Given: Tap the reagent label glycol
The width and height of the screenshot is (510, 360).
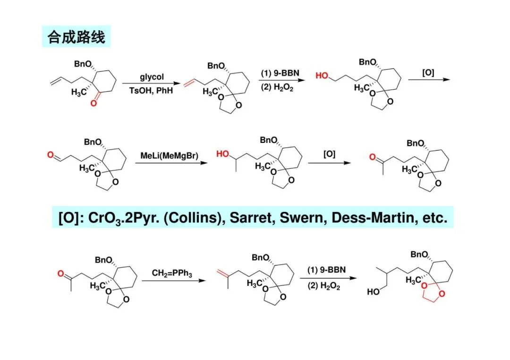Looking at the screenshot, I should (152, 76).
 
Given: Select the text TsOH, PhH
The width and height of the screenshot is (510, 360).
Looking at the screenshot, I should (152, 91).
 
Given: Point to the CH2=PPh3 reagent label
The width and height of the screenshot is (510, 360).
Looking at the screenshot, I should (172, 273).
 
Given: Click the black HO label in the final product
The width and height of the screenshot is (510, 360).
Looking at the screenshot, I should (373, 292).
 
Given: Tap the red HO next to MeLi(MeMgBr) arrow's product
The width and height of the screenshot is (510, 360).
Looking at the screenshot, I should (223, 154).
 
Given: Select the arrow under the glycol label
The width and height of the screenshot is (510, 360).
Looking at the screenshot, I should (152, 84).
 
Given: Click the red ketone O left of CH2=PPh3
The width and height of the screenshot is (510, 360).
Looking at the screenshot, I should (60, 273).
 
